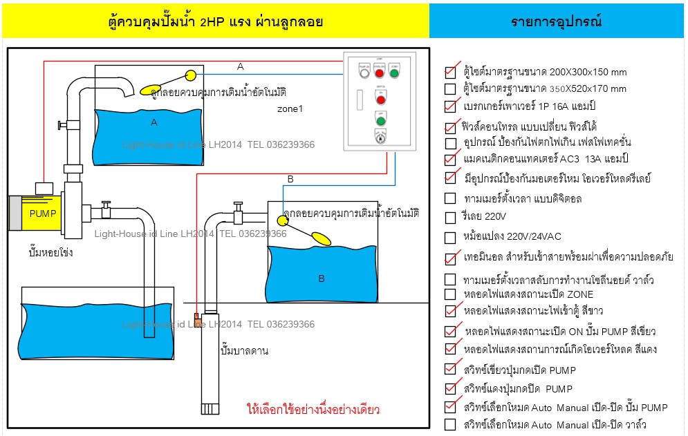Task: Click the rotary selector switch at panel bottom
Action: click(x=380, y=138)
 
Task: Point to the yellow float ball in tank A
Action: click(x=191, y=75)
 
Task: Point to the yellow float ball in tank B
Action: click(x=282, y=220)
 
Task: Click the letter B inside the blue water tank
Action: click(x=321, y=278)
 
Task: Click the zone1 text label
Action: click(x=290, y=108)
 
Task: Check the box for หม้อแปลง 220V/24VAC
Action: click(x=450, y=238)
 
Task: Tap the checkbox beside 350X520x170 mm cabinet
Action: click(x=450, y=89)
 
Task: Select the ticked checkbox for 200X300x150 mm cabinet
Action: click(x=450, y=72)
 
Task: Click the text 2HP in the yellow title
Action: click(x=212, y=21)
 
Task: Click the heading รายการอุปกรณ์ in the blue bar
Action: click(x=557, y=21)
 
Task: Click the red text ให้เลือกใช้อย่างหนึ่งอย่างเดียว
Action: click(x=313, y=410)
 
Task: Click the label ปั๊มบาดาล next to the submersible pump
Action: click(x=243, y=351)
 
